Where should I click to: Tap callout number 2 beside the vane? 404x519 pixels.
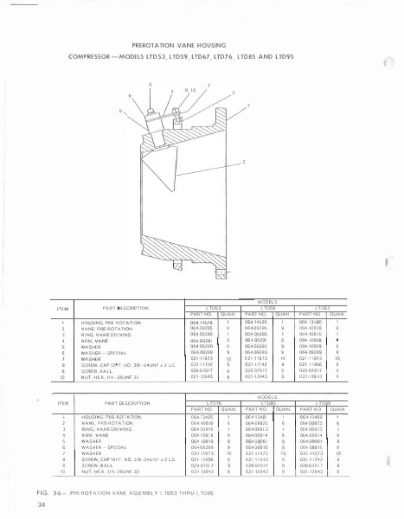pos(244,162)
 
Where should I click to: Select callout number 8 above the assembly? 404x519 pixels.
pos(151,84)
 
